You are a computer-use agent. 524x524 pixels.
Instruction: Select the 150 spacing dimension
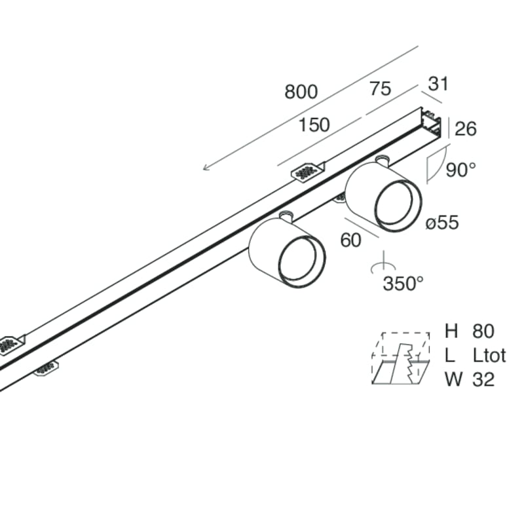[314, 124]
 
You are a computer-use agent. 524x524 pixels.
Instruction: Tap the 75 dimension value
[380, 89]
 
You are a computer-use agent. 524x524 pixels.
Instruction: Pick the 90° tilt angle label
[460, 170]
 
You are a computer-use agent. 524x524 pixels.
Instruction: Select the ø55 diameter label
[441, 223]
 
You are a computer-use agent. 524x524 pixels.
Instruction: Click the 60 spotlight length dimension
[350, 240]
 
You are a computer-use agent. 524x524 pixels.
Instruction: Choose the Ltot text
[489, 355]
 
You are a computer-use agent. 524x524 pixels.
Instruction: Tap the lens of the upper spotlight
[397, 205]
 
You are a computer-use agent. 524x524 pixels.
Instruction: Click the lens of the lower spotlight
[301, 261]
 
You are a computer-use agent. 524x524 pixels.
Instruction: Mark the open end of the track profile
[431, 122]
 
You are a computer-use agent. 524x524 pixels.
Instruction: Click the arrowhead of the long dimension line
[206, 168]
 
